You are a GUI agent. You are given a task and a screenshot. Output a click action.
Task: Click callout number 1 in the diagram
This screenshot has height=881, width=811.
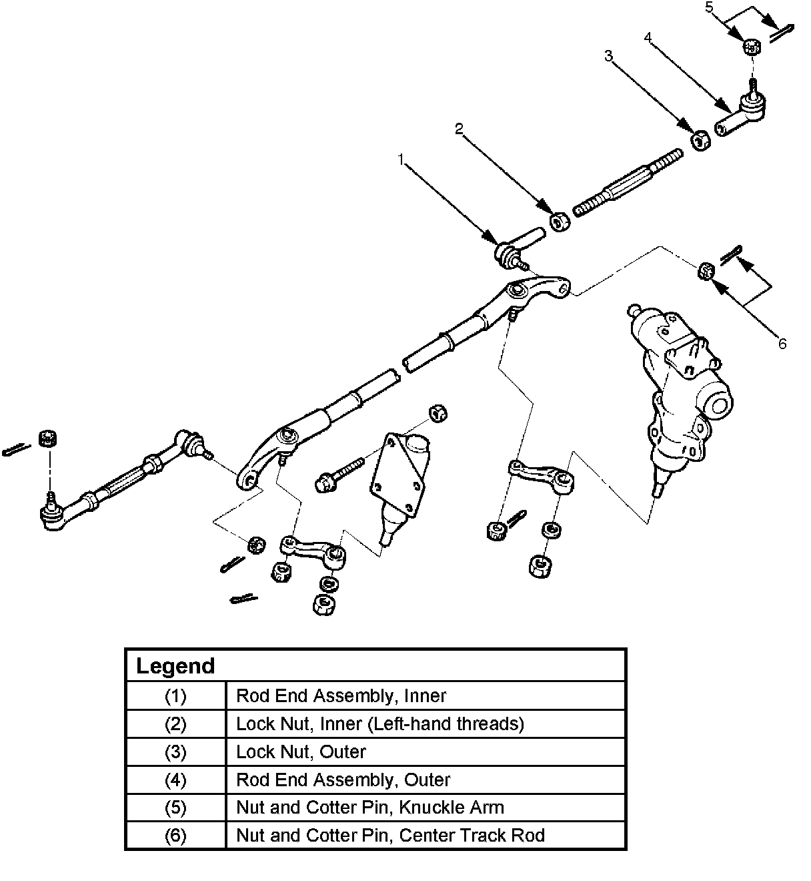[401, 160]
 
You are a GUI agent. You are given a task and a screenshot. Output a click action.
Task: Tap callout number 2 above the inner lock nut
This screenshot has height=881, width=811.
[459, 129]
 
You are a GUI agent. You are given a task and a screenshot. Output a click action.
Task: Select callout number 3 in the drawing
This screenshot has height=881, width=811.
[608, 56]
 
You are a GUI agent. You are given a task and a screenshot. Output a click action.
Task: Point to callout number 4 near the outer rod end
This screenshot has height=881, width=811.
[648, 37]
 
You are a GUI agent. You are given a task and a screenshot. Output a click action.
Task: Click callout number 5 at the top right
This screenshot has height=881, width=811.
[710, 7]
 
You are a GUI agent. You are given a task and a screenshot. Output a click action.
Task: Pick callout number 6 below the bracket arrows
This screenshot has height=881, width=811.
[782, 344]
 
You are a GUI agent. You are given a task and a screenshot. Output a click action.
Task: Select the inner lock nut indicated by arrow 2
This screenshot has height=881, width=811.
[559, 222]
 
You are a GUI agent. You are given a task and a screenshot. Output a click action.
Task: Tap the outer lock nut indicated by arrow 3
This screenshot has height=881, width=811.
[699, 139]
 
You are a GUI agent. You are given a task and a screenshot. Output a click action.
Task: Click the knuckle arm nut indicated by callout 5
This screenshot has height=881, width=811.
[752, 47]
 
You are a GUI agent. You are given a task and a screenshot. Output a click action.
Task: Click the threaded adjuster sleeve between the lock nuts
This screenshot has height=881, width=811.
[627, 184]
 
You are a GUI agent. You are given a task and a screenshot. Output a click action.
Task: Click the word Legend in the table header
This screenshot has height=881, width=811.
[175, 666]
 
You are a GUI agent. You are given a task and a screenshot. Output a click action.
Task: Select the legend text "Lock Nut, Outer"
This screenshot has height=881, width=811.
[301, 752]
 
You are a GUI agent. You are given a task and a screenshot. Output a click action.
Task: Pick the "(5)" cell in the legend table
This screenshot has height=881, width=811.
[175, 808]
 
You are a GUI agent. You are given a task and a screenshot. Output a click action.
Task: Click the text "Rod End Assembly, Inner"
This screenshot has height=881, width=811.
[341, 696]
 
